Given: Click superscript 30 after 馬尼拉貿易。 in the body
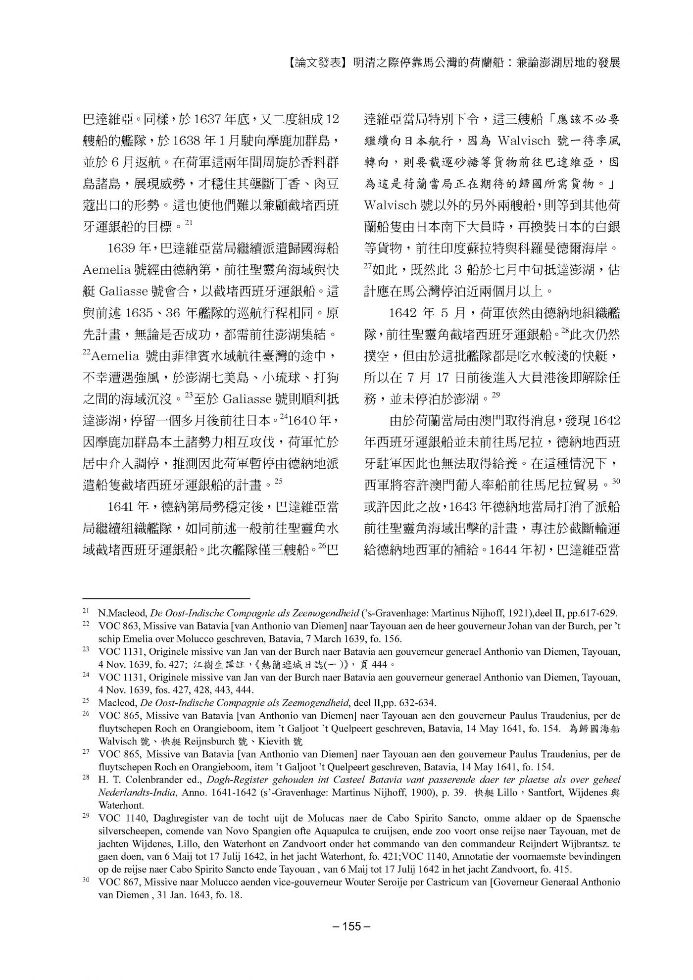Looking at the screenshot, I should [616, 481].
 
